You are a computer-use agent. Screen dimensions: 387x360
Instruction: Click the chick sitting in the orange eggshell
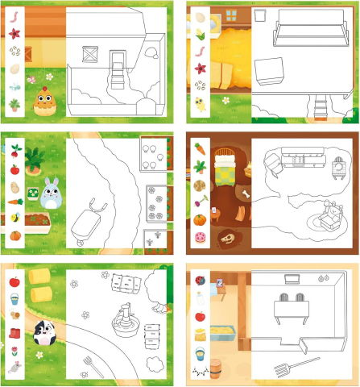coord(43,100)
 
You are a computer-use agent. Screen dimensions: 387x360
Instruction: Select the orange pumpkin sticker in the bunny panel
coord(14,235)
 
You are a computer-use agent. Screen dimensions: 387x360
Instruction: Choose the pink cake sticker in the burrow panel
coord(200,238)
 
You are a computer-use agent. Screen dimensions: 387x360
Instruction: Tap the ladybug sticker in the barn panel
coord(201,280)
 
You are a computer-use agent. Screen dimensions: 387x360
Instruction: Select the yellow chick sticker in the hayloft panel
coord(200,103)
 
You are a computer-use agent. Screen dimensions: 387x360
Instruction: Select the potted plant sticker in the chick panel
coord(14,103)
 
